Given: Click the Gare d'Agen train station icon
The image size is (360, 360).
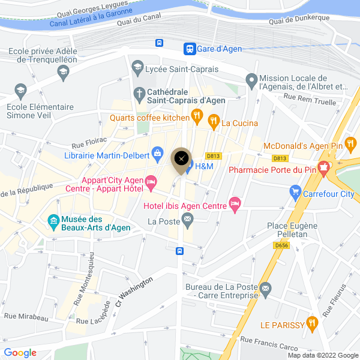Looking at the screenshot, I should click(189, 49).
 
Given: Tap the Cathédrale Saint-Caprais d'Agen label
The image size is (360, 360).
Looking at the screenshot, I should click(177, 96).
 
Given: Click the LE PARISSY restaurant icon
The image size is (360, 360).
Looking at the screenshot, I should click(311, 325).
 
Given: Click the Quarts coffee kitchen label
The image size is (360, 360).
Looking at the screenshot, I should click(149, 118).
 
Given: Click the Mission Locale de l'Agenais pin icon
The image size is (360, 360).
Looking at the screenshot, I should click(251, 79).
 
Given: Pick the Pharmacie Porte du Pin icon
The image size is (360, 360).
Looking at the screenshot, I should click(324, 169).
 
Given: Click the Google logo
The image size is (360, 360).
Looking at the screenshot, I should click(20, 353).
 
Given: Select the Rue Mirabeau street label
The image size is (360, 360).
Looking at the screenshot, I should click(26, 316).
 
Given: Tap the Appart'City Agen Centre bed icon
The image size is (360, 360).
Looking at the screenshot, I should click(151, 181).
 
